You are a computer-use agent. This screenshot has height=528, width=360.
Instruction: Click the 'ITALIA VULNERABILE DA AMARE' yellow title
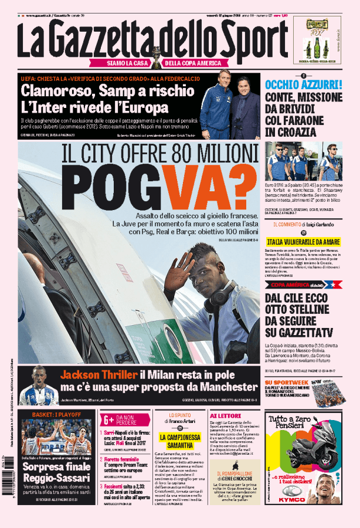[303, 242]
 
